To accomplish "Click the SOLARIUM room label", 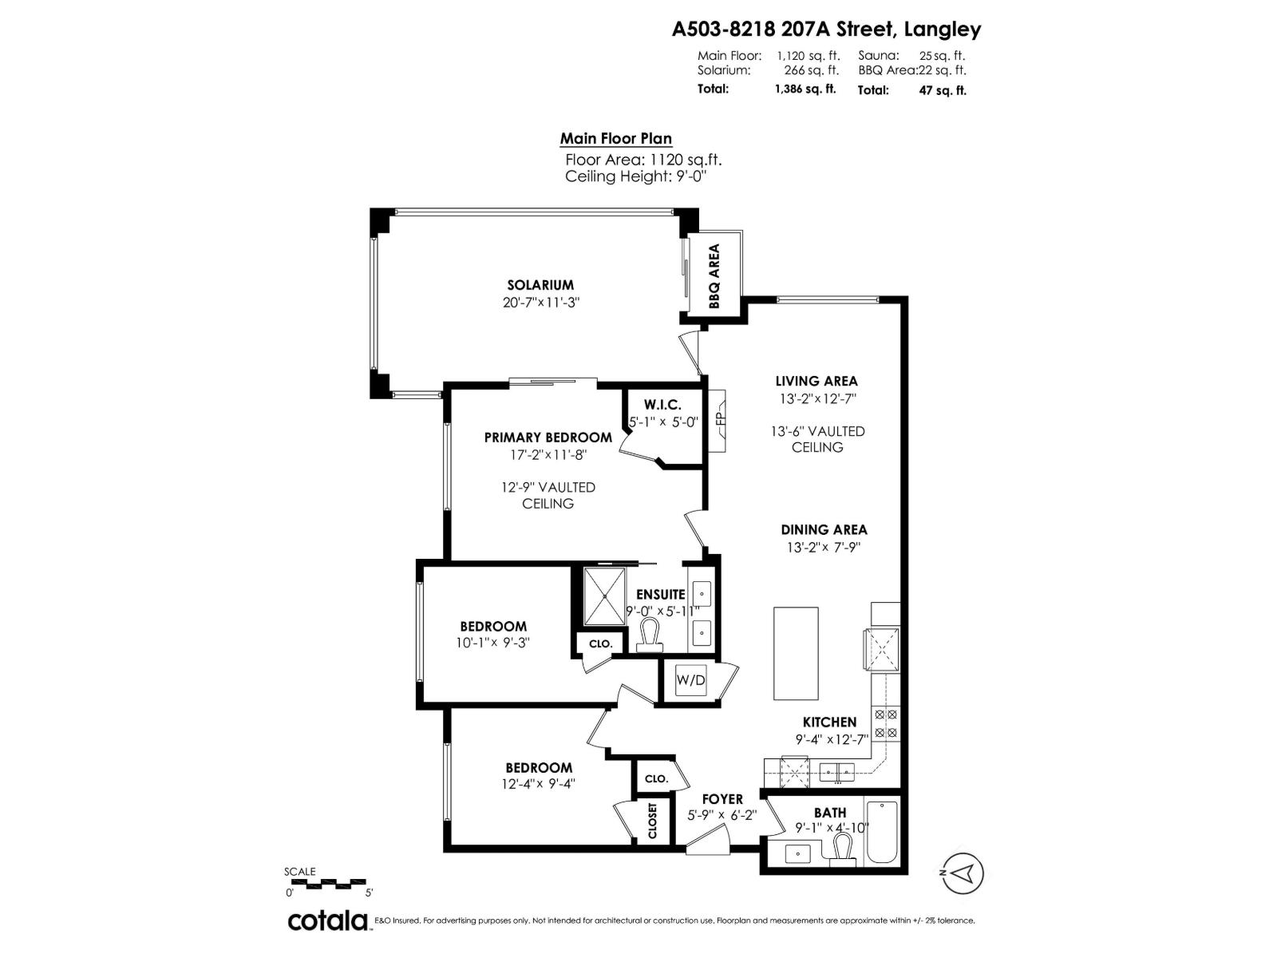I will (540, 285).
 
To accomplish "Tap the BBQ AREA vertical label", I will (714, 276).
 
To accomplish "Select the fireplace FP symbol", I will (718, 420).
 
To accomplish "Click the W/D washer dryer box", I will (690, 680).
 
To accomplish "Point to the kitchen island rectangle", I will (796, 653).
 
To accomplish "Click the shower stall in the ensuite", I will (607, 596).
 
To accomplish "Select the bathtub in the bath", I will (882, 832).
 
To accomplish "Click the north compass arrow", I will (963, 872).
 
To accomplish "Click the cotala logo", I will (327, 920).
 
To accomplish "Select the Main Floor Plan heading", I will (615, 139).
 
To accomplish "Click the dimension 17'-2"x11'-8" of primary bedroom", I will (548, 455).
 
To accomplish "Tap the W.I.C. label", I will (662, 406).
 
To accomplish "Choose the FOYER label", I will (722, 799).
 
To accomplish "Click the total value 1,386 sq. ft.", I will (805, 89).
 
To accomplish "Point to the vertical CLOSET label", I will (653, 821).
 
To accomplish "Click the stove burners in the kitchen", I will (886, 723).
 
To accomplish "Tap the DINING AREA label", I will (824, 529).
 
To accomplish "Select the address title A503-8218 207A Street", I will (826, 30).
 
